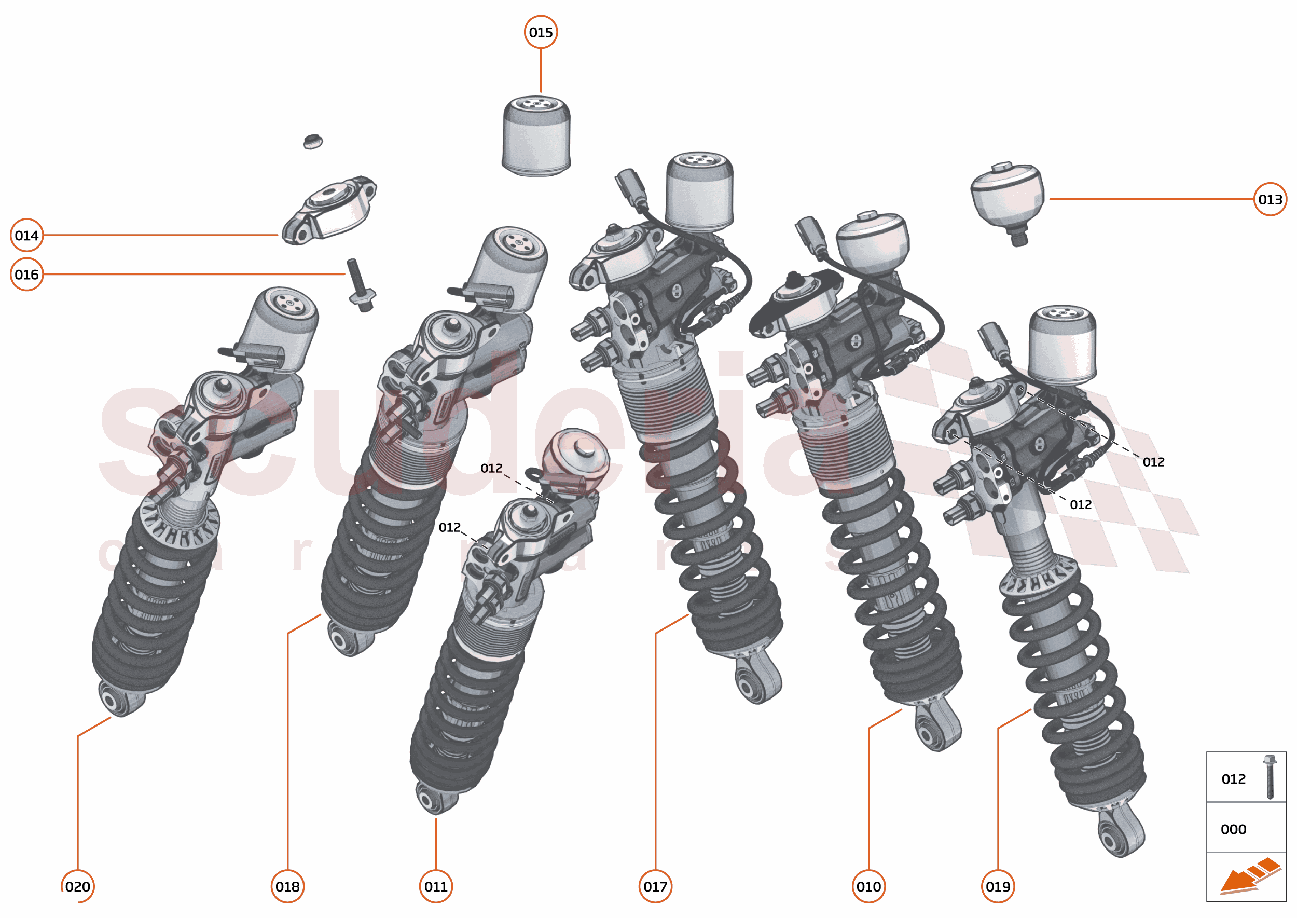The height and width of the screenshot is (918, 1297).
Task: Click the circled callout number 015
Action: click(540, 32)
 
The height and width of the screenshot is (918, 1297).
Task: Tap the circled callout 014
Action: click(26, 235)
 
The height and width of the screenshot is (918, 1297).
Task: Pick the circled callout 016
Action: click(26, 274)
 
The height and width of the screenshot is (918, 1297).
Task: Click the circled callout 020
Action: click(77, 886)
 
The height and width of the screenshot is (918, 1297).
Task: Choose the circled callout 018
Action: click(287, 886)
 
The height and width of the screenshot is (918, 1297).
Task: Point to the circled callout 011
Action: click(436, 886)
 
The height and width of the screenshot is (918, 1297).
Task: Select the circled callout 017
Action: click(655, 886)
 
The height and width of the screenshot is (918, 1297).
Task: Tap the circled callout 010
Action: click(868, 886)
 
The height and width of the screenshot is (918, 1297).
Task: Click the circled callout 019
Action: click(998, 886)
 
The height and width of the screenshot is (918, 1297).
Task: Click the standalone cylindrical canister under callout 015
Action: click(536, 135)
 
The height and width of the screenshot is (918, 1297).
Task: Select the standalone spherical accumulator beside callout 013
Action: click(1008, 198)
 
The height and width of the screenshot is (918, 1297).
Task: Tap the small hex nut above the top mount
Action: click(312, 141)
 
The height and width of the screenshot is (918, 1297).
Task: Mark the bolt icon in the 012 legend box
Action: click(1270, 777)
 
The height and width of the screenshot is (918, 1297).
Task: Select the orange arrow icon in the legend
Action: click(1249, 875)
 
